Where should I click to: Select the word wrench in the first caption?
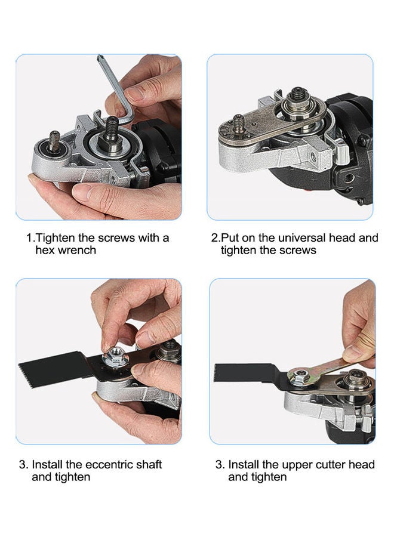point(76,251)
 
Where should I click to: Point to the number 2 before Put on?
point(215,238)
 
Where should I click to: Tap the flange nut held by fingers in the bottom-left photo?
point(115,359)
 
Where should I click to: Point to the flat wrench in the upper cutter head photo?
point(322,365)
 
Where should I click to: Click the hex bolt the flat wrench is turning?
point(297,376)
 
